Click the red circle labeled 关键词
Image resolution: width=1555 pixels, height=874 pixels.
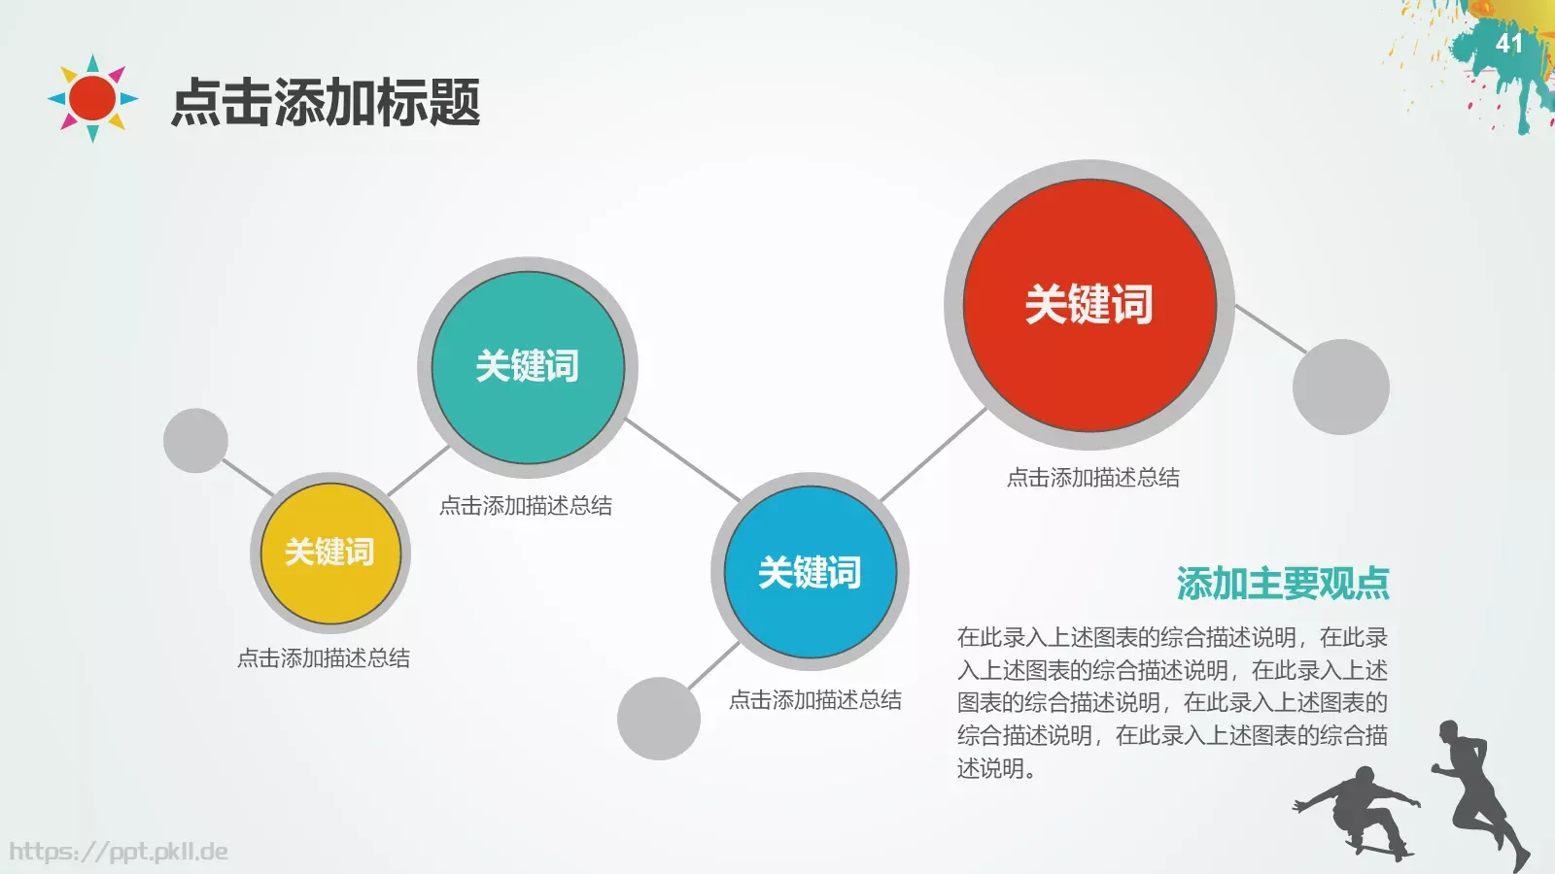coord(1089,305)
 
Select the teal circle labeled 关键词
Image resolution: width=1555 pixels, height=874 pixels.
coord(528,367)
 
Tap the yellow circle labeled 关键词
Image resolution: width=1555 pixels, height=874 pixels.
coord(330,553)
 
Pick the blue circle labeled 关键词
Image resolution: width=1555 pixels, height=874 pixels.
coord(810,572)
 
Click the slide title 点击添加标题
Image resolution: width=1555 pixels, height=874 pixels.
coord(326,102)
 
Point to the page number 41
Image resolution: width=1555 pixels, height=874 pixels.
coord(1508,44)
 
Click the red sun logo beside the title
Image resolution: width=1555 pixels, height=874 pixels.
coord(93,98)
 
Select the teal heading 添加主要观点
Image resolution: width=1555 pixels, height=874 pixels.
coord(1282,584)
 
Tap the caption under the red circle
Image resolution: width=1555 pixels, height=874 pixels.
coord(1092,478)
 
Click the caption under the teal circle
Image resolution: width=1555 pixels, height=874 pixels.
coord(526,506)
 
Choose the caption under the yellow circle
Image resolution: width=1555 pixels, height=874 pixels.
coord(324,658)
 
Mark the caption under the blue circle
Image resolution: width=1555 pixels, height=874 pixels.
coord(814,700)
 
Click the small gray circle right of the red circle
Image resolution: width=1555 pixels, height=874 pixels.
coord(1340,387)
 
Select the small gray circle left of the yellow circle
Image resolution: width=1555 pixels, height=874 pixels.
coord(195,441)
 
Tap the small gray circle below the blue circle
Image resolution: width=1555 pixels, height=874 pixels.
coord(659,719)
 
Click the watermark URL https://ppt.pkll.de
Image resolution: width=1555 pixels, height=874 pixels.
coord(119,853)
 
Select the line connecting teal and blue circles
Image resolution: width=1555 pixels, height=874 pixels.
coord(682,460)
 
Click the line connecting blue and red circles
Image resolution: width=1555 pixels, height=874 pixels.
coord(933,454)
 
